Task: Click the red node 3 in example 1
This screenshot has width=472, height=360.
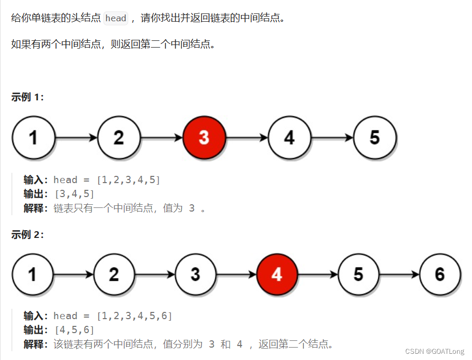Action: [204, 138]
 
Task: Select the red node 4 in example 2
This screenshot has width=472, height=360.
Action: [277, 274]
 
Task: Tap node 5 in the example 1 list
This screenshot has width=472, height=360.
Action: [375, 138]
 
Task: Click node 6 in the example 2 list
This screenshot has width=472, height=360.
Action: [439, 274]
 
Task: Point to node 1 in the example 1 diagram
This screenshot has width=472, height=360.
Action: [33, 138]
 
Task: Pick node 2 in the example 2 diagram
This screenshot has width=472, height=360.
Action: [114, 274]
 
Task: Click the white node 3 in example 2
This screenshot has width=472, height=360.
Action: [195, 274]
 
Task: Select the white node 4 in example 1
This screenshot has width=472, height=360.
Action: [290, 138]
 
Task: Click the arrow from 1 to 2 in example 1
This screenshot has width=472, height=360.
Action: [76, 138]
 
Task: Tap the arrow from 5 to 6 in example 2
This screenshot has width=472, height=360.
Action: [400, 275]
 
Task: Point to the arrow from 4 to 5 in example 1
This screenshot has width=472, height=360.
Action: [332, 138]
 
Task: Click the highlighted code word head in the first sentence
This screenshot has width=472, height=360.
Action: [116, 18]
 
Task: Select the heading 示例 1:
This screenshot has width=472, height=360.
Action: [27, 97]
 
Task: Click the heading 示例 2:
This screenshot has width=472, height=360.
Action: [27, 235]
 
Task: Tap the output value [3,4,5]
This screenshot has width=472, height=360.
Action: [74, 194]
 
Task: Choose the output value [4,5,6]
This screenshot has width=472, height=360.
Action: [74, 330]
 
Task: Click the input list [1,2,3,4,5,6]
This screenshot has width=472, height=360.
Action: [134, 316]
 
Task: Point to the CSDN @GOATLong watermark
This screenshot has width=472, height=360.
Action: [435, 351]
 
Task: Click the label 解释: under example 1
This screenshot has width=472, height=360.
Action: [36, 208]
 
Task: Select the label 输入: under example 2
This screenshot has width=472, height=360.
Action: [36, 316]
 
